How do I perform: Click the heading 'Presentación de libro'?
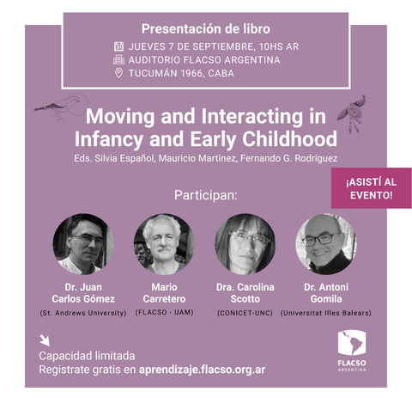point(206,29)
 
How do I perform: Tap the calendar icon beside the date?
point(118,46)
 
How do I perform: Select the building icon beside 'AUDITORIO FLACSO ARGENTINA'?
point(118,59)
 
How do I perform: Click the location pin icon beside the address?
point(118,73)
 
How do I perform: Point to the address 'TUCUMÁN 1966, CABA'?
point(181,73)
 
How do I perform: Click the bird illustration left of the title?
point(61,106)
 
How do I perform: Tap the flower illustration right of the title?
point(351,113)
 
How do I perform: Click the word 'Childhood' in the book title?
point(289,139)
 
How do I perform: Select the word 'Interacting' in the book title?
point(252,117)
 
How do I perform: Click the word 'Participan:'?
point(206,195)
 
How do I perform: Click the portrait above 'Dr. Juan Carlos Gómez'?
point(83,244)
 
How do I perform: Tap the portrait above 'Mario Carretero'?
point(164,244)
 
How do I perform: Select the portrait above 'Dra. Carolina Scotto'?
point(245,244)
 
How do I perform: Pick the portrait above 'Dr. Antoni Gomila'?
point(326,244)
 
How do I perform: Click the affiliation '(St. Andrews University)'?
point(83,313)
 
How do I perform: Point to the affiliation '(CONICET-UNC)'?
point(245,313)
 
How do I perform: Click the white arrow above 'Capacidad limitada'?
point(45,340)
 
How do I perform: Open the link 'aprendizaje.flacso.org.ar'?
point(202,370)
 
